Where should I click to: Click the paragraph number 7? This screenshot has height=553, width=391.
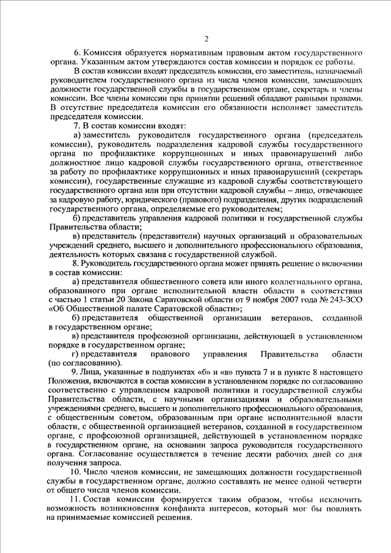(76, 126)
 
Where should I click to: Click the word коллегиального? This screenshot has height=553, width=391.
(299, 282)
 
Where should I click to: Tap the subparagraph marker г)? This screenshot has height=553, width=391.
(76, 355)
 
